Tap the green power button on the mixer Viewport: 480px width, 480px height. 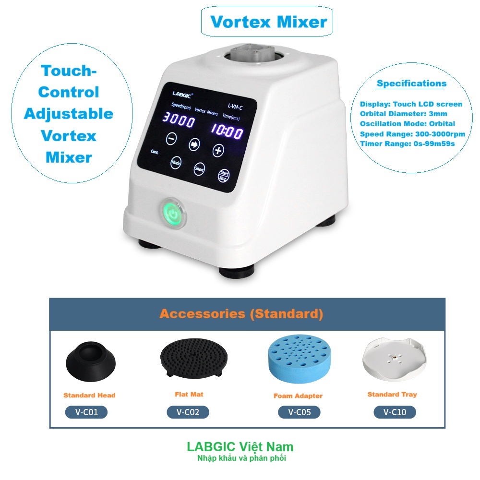click(x=174, y=214)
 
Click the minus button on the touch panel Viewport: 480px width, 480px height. click(x=171, y=138)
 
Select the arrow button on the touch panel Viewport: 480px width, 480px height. click(x=194, y=144)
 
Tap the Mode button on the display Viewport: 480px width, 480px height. click(x=176, y=163)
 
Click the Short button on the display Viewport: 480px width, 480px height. click(x=199, y=168)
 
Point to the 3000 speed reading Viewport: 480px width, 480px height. click(x=178, y=120)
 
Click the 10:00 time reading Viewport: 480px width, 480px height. click(x=227, y=131)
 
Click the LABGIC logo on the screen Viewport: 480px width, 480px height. click(x=182, y=95)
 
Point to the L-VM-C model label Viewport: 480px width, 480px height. click(x=235, y=107)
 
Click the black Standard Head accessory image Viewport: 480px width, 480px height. click(x=91, y=361)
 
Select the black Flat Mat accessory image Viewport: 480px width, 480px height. click(x=194, y=357)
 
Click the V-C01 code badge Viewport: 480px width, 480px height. click(x=86, y=412)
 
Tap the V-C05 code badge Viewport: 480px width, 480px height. click(x=299, y=412)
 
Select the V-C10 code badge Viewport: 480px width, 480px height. click(x=395, y=412)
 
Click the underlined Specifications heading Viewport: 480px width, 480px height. click(x=411, y=84)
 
